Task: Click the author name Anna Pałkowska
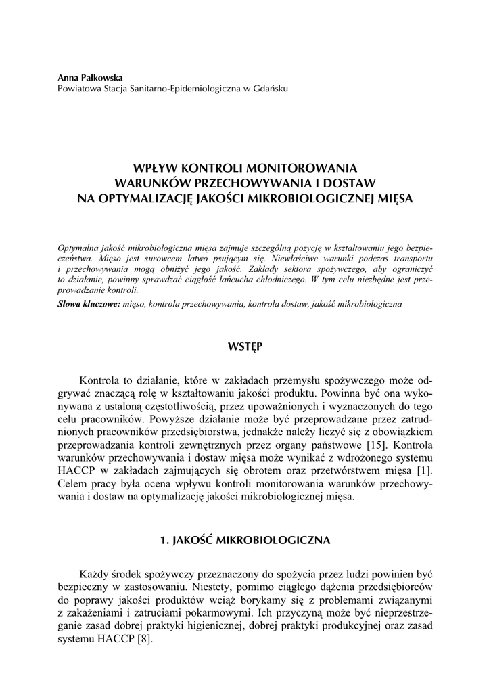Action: [90, 78]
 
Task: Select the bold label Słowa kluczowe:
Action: [89, 304]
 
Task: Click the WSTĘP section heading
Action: [245, 347]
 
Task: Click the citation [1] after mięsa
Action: [425, 471]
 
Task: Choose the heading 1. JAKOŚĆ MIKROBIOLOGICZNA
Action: [245, 540]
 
